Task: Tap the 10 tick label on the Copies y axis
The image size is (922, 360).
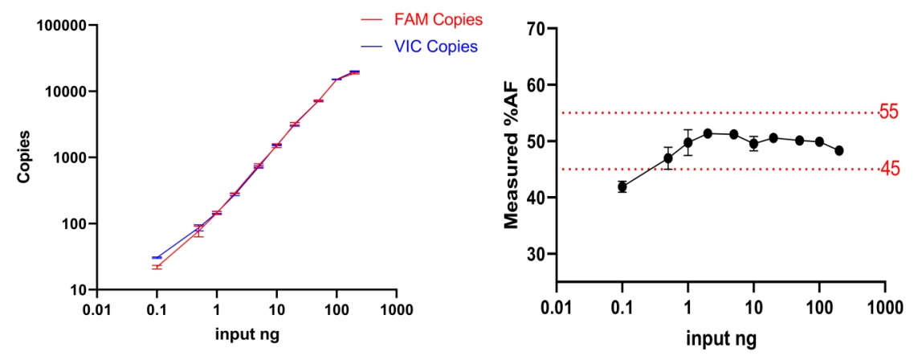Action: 75,289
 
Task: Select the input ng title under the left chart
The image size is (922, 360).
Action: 247,334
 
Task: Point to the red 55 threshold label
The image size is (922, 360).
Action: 889,112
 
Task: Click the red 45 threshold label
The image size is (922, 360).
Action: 889,169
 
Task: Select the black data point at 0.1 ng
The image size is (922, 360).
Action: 622,187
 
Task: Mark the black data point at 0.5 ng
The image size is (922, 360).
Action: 668,158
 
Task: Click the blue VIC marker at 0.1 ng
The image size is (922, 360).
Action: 157,258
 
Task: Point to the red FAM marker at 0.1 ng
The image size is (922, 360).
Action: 157,267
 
